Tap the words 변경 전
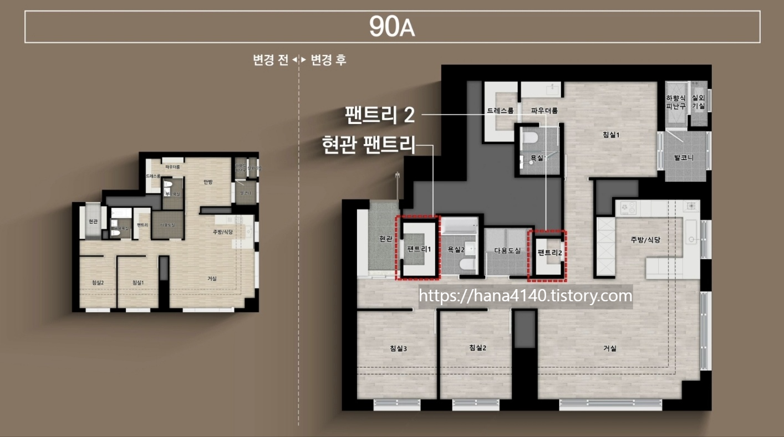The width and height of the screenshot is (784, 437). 271,60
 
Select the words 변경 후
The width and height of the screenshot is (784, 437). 329,60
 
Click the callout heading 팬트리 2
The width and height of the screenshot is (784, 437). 380,115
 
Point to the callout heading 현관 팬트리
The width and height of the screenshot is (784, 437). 368,145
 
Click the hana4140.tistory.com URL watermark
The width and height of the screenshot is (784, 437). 525,296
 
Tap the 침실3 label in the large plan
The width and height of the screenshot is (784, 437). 398,348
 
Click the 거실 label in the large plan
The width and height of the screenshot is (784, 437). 610,348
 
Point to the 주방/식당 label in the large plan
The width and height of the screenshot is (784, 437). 645,240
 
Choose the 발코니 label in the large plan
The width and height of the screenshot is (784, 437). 684,157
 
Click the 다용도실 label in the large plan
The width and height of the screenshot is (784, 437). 507,250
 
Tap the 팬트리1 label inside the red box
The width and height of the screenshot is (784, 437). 419,249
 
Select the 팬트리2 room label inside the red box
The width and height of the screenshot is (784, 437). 549,253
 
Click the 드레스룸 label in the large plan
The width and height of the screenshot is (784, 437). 500,110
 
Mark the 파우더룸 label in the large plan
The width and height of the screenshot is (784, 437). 544,110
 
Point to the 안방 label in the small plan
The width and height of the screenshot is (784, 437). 208,182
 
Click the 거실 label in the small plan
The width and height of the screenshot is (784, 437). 212,278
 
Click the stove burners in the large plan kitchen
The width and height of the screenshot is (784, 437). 629,208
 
